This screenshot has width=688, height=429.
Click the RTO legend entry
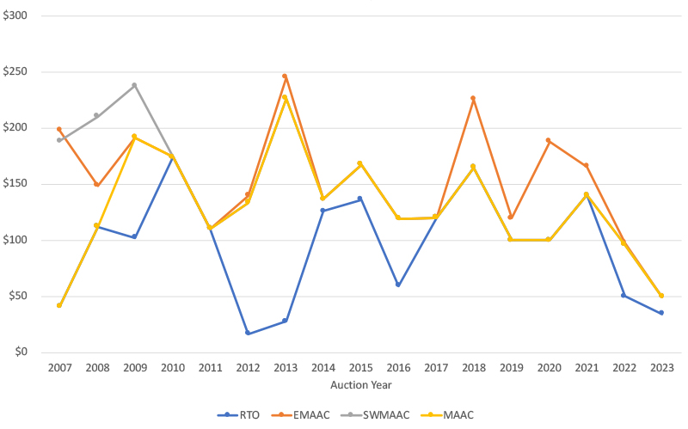(x=243, y=414)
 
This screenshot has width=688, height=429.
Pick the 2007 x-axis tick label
(x=59, y=367)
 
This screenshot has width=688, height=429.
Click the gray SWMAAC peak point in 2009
(x=134, y=85)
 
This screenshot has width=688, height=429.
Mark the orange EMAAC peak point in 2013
(x=285, y=76)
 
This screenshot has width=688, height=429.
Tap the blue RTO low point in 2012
(x=248, y=334)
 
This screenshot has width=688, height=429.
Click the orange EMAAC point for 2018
(x=473, y=98)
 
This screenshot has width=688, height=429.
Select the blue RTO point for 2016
(x=397, y=285)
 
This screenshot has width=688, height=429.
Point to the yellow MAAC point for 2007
(x=59, y=305)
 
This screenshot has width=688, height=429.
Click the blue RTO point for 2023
(x=660, y=313)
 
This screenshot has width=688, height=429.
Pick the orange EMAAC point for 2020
(x=548, y=140)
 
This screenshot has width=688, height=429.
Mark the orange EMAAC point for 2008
(x=97, y=185)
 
